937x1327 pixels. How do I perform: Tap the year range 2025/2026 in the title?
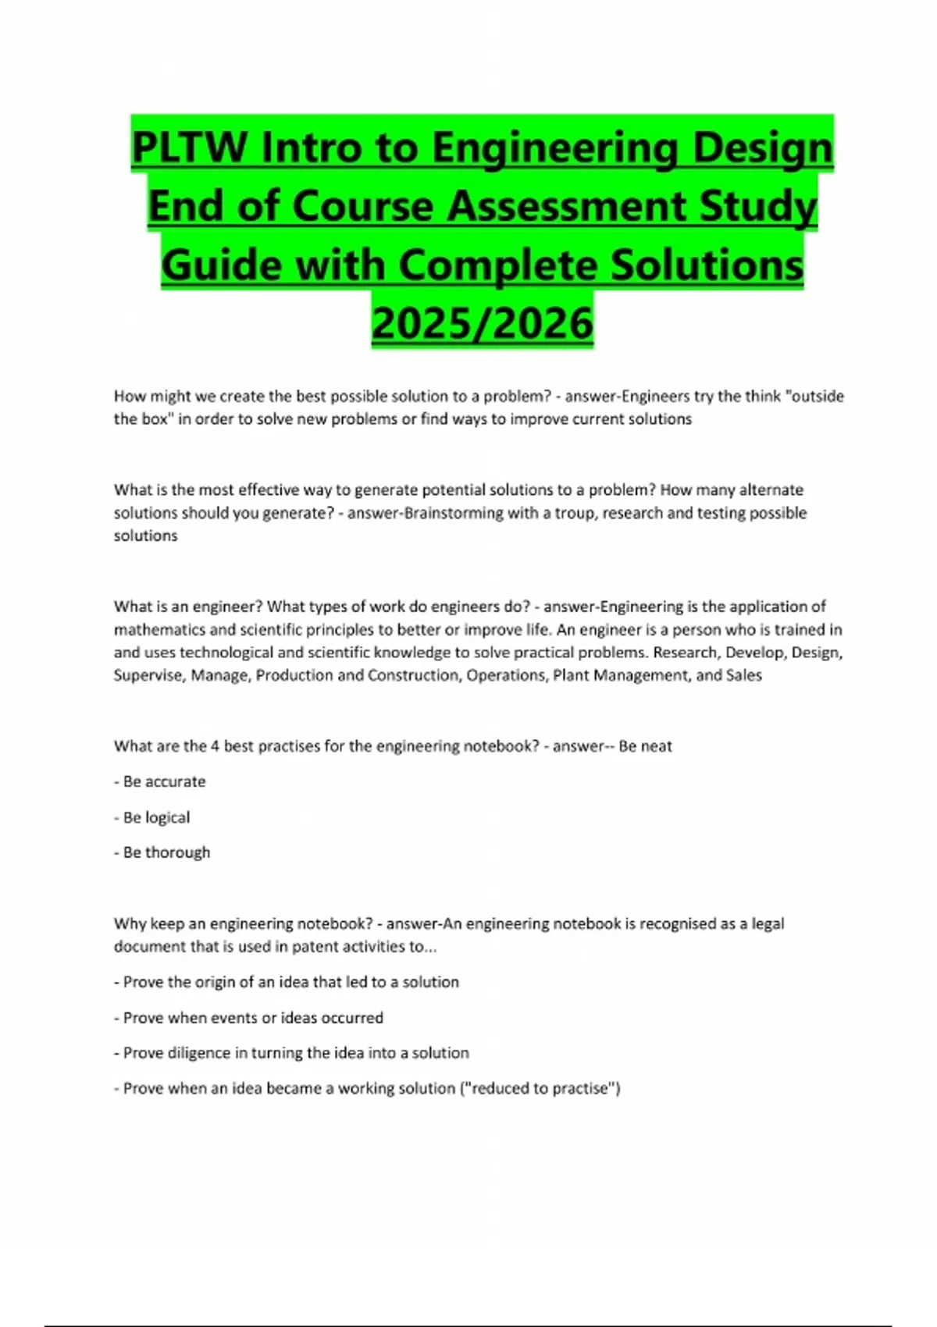click(x=482, y=322)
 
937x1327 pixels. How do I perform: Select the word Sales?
click(x=743, y=675)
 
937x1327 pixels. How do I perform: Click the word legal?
click(x=768, y=923)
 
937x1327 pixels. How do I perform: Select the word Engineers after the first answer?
click(x=655, y=397)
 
